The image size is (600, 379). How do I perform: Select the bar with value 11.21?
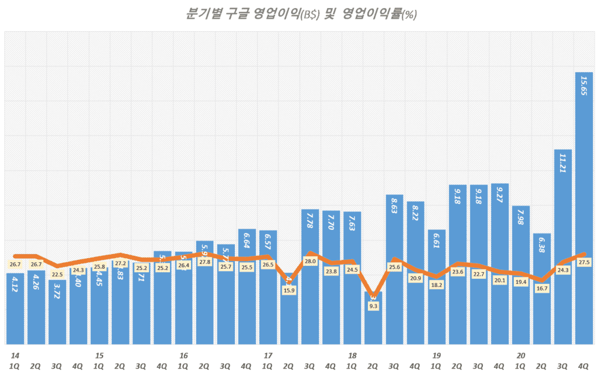pyautogui.click(x=563, y=246)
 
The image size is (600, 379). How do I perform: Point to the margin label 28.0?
pyautogui.click(x=311, y=261)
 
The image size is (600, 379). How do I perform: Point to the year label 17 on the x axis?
pyautogui.click(x=268, y=356)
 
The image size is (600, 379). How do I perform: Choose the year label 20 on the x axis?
pyautogui.click(x=520, y=356)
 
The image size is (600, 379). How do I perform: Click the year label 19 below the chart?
pyautogui.click(x=436, y=356)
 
